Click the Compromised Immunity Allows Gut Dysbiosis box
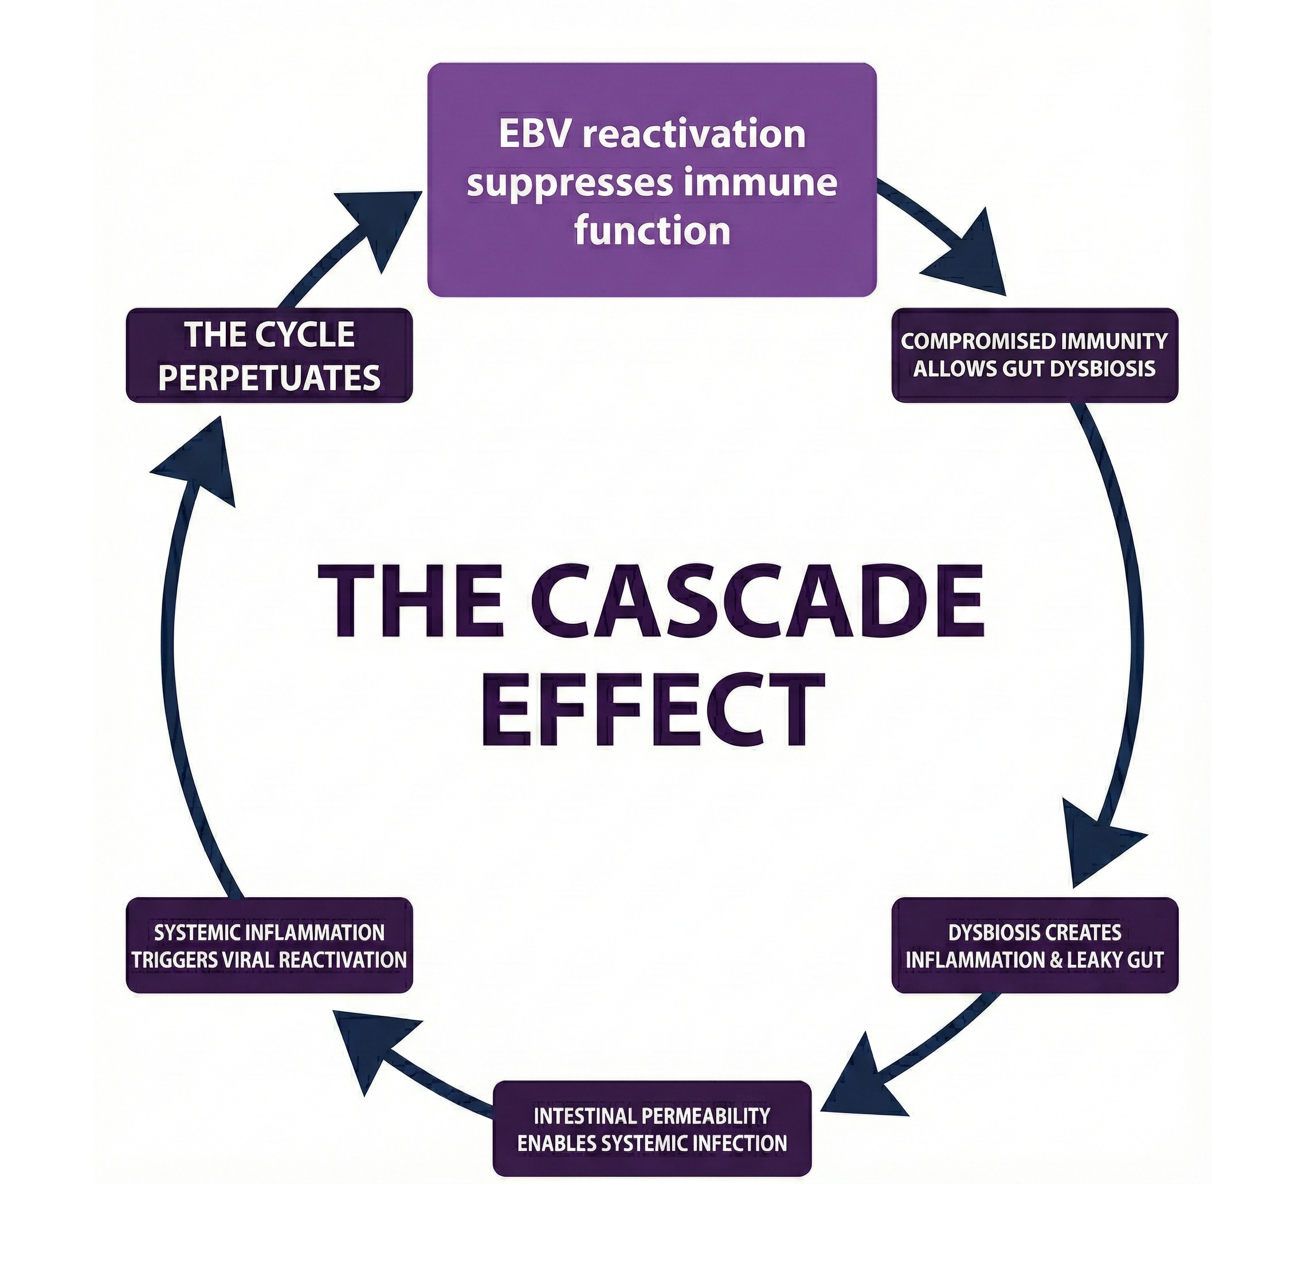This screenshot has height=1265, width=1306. coord(1034,355)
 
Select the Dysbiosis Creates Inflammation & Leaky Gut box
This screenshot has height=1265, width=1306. coord(1034,946)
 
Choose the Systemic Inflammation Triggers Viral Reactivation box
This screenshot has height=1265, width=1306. coord(269,946)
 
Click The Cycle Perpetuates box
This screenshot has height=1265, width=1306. coord(269,355)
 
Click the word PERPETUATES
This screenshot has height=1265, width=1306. coord(269,378)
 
